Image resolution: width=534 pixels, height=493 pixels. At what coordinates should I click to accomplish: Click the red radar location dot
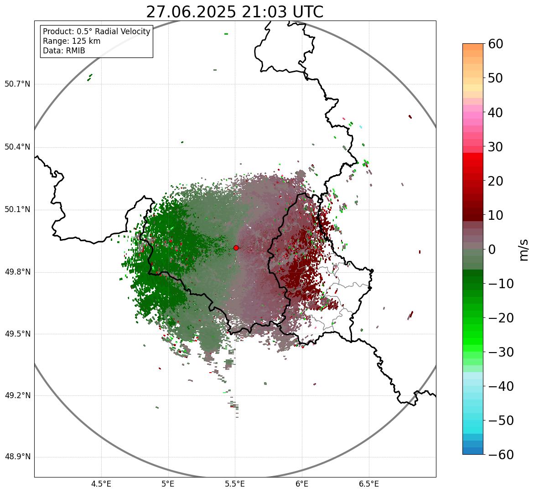pos(236,248)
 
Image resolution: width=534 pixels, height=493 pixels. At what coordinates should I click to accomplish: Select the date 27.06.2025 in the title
pos(191,12)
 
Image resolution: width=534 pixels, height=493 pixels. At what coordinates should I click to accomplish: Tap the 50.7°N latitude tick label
pos(17,84)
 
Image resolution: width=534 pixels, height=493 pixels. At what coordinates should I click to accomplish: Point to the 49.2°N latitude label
pos(17,395)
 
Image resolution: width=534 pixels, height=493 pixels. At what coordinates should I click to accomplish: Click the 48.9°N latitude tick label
pos(17,457)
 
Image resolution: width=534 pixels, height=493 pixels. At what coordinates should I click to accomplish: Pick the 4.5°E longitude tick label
pos(101,484)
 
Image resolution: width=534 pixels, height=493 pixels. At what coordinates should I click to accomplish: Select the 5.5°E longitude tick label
pos(235,484)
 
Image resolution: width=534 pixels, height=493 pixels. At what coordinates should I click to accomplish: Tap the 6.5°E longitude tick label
pos(368,484)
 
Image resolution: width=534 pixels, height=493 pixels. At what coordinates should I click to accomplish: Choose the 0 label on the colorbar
pos(492,249)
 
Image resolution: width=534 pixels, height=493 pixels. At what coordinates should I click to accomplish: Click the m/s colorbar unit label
pos(524,249)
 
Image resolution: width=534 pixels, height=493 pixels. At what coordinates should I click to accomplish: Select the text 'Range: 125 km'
pos(72,41)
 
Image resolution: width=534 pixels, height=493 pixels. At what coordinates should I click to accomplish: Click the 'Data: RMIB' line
pos(64,51)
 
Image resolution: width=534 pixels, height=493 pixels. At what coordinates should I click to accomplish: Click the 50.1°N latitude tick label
pos(17,210)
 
